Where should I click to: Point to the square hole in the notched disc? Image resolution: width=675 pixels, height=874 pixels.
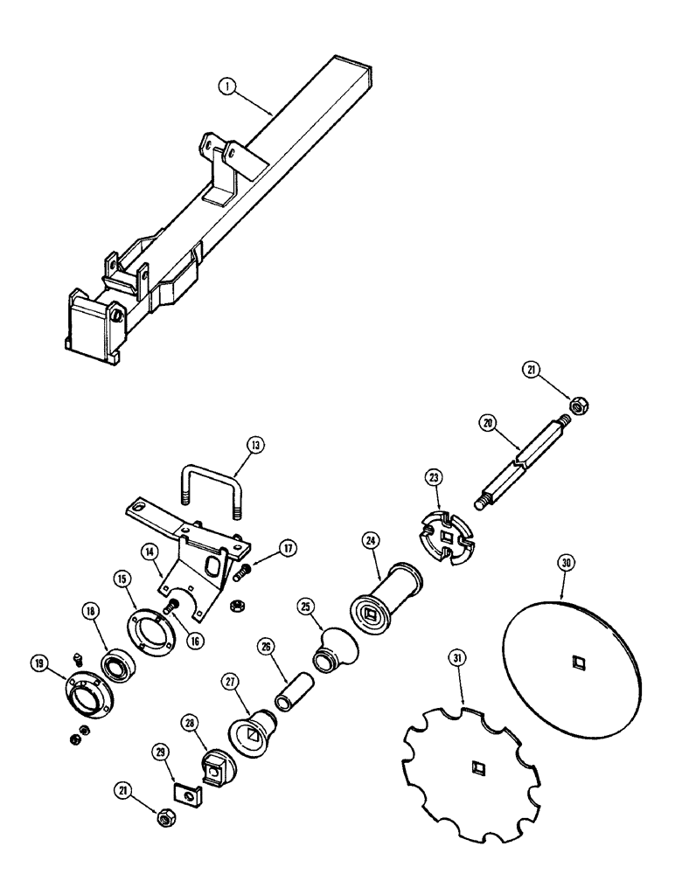[x=477, y=768]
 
